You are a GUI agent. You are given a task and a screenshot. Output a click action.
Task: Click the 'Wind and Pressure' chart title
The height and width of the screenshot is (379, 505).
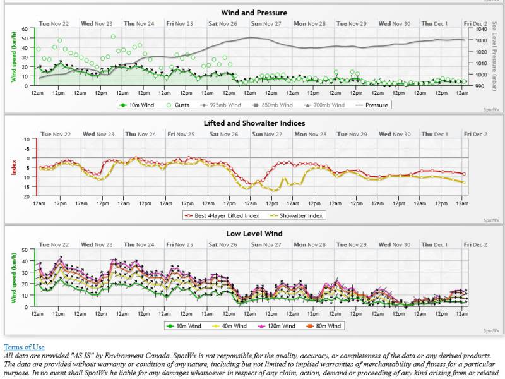pos(254,13)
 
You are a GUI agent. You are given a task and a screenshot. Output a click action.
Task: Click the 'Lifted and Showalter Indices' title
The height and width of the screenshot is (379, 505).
pos(254,123)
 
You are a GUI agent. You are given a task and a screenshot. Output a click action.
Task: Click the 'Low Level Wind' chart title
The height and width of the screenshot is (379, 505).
pos(254,234)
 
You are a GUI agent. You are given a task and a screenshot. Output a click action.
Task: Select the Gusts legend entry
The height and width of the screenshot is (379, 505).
pos(178,105)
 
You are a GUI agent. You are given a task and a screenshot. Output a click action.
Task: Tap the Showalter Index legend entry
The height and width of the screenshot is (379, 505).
pos(298,215)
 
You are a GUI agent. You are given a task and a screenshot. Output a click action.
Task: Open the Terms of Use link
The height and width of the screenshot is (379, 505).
pos(24,347)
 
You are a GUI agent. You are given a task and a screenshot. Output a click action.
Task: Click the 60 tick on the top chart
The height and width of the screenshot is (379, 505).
pos(24,29)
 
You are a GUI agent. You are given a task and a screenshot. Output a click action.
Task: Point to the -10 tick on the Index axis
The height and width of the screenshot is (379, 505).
pos(26,139)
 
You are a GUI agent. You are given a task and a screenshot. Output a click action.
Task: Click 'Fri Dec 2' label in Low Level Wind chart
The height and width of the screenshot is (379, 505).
pos(476,244)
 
